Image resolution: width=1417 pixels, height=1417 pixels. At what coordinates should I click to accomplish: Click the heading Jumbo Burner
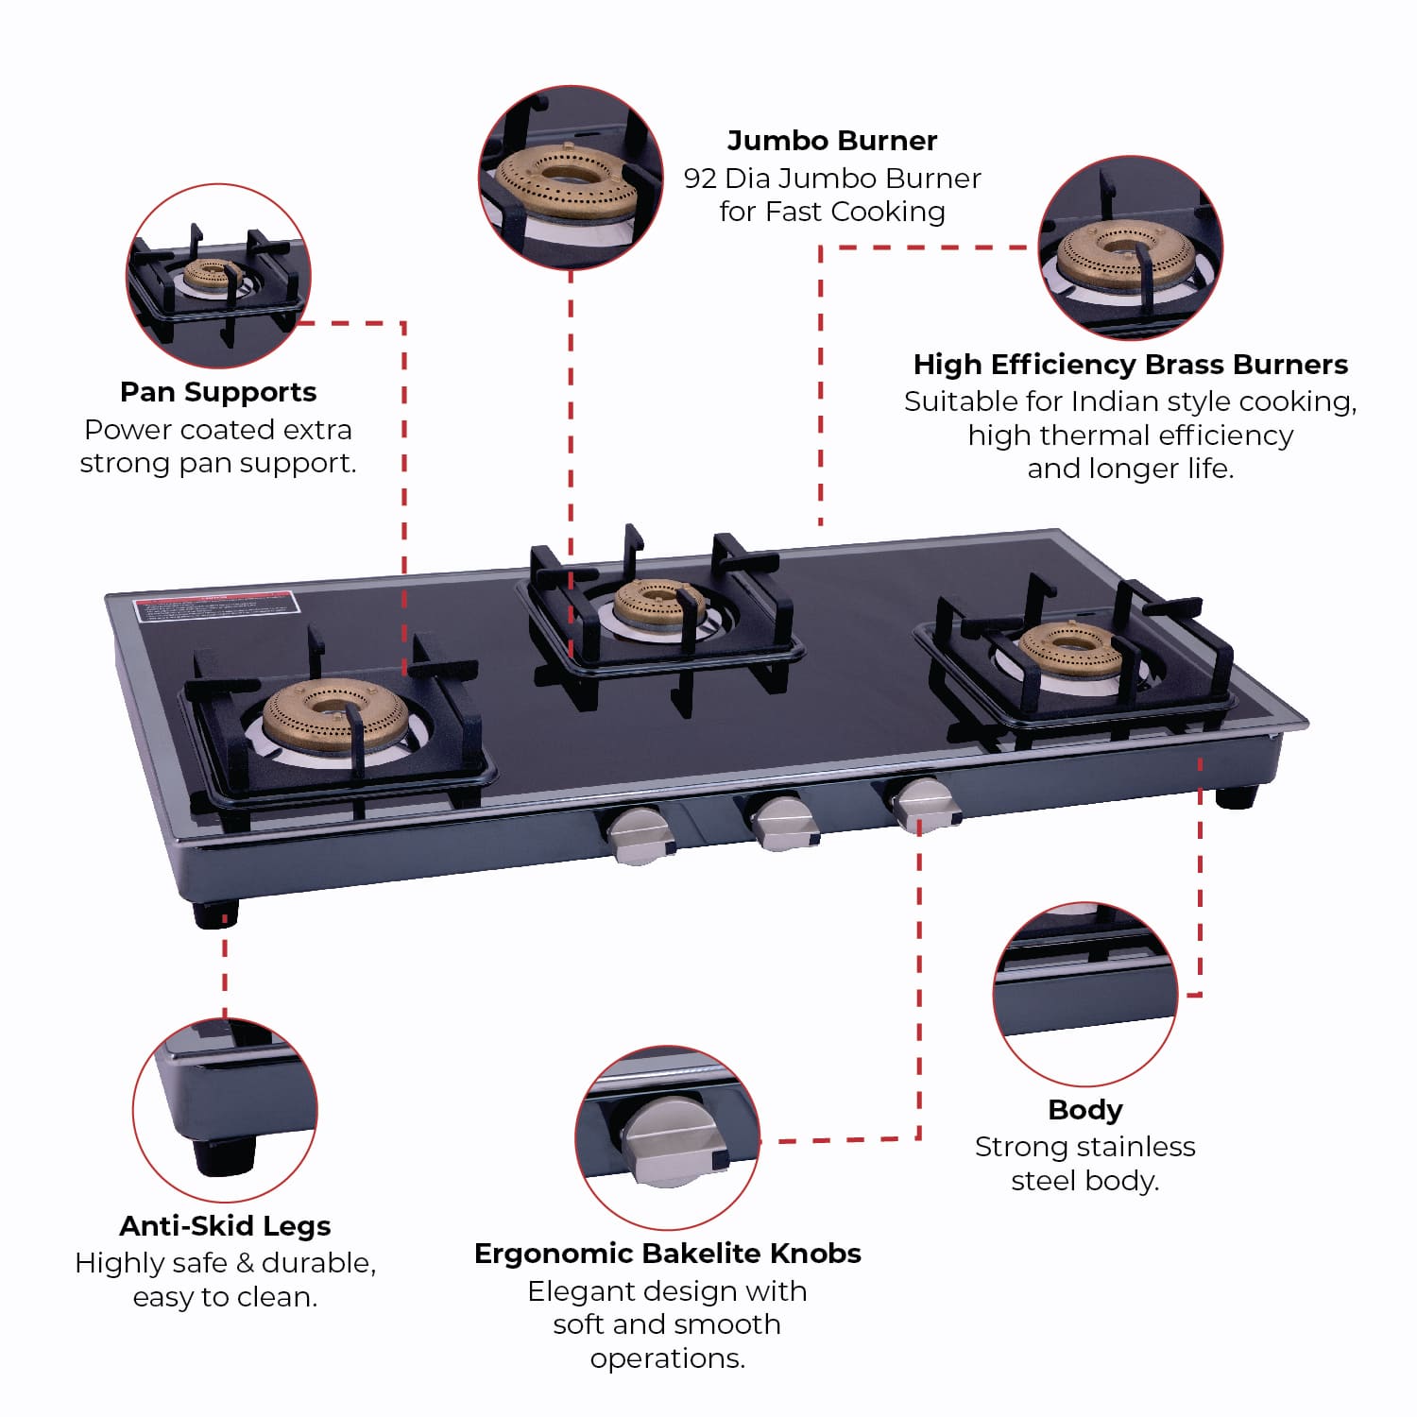click(831, 141)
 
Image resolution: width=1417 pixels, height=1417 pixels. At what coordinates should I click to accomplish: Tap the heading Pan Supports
click(218, 392)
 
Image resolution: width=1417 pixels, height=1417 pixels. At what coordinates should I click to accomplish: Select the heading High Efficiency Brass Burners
click(1130, 365)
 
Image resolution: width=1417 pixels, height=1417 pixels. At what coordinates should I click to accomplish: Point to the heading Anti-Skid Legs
click(225, 1226)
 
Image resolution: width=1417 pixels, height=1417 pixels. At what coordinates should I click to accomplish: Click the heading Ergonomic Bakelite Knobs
click(667, 1254)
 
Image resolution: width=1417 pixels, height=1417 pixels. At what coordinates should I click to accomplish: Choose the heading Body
click(1084, 1110)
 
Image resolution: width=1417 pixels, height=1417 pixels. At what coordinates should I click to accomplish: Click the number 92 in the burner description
click(700, 179)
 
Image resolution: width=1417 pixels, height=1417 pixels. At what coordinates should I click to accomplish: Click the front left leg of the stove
click(215, 913)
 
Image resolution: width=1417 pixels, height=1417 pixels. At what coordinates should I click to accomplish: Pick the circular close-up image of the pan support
click(218, 276)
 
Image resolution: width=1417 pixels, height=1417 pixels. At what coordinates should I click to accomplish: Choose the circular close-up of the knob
click(667, 1137)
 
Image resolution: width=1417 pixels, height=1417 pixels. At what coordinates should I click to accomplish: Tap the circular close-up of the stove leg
click(225, 1110)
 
